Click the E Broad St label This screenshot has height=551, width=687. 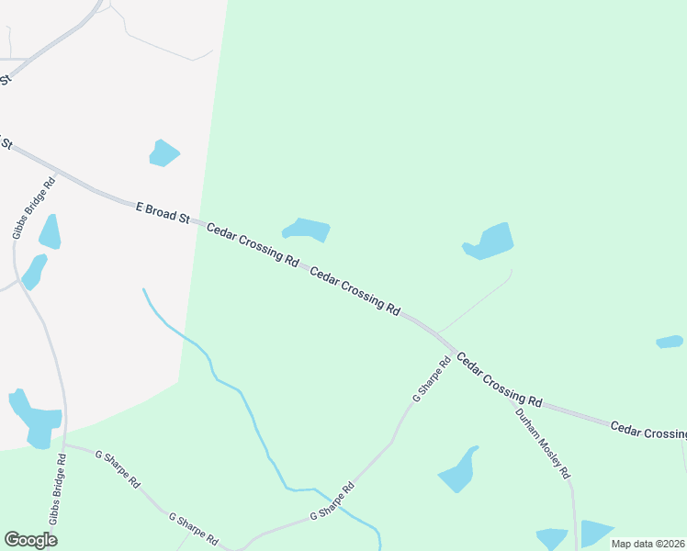(x=163, y=213)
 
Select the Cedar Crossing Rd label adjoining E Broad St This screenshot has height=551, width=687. (x=253, y=244)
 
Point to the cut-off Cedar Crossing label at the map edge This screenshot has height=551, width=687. (x=648, y=431)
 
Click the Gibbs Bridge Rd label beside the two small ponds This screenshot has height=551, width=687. (x=34, y=208)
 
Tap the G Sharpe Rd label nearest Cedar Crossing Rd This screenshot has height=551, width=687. (x=432, y=379)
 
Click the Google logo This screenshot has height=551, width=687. (x=30, y=540)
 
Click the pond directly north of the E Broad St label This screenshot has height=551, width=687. (x=164, y=153)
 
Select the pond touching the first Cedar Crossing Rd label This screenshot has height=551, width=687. (x=307, y=230)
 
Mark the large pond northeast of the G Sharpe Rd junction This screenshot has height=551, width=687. (x=489, y=241)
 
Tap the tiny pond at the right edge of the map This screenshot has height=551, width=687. (x=670, y=342)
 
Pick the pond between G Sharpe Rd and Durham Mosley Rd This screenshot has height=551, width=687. (x=458, y=470)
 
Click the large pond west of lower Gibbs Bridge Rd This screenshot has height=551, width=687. (x=35, y=419)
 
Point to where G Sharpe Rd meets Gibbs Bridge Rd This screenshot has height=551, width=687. (x=66, y=447)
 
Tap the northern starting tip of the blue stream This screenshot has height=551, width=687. (x=143, y=289)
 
